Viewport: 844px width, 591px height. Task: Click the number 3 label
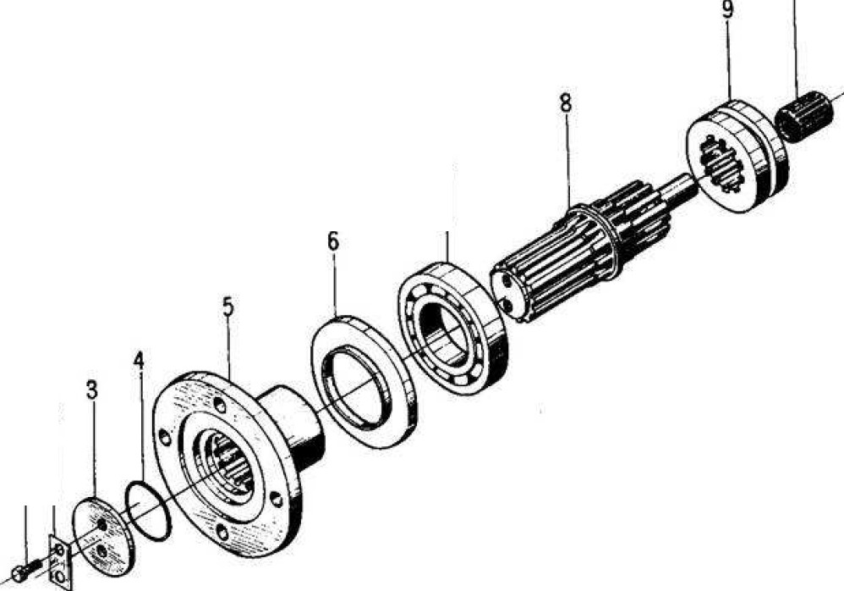coord(91,390)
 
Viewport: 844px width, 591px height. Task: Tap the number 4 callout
coord(139,360)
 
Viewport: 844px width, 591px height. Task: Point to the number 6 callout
coord(333,241)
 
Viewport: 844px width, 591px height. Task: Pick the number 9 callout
coord(727,10)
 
